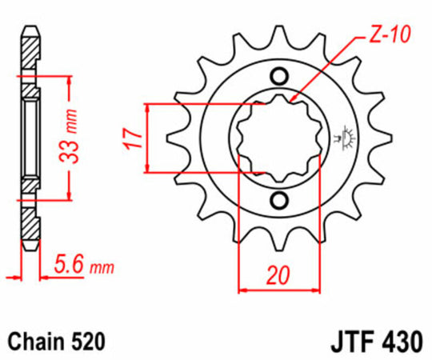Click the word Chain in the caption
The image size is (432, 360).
[34, 339]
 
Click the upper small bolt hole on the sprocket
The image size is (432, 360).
[279, 77]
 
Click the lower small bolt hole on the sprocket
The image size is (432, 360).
[279, 198]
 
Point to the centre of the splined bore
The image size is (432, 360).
[279, 138]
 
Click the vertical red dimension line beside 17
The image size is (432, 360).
[146, 138]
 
